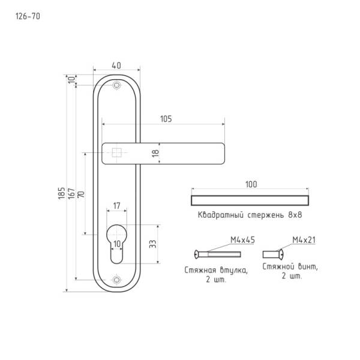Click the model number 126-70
pos(28,16)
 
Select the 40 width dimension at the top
pos(116,65)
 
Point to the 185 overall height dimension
pos(61,193)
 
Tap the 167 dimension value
pos(71,193)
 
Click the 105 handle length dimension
pos(166,119)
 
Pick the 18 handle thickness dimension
pos(155,153)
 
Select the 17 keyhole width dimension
pos(116,206)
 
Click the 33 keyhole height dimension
pos(152,244)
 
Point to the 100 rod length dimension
pos(251,184)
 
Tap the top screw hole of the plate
pos(116,85)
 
